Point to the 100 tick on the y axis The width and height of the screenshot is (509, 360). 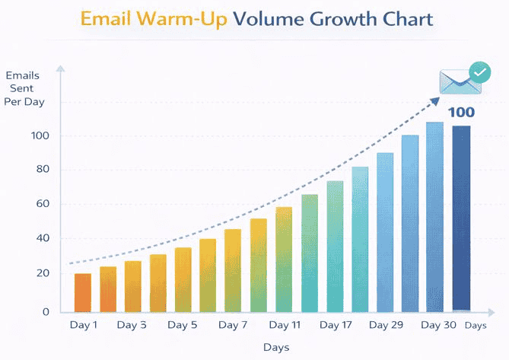(x=39, y=135)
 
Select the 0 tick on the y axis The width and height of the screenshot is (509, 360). (x=45, y=311)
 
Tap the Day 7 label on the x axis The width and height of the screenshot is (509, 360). (x=232, y=325)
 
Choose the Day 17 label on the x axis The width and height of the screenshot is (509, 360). (x=335, y=325)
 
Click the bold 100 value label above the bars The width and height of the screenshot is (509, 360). (x=460, y=113)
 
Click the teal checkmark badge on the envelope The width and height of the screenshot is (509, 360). (x=479, y=72)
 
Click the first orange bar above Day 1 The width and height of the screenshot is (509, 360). (x=83, y=292)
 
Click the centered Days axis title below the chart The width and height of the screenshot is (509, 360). (x=275, y=347)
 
